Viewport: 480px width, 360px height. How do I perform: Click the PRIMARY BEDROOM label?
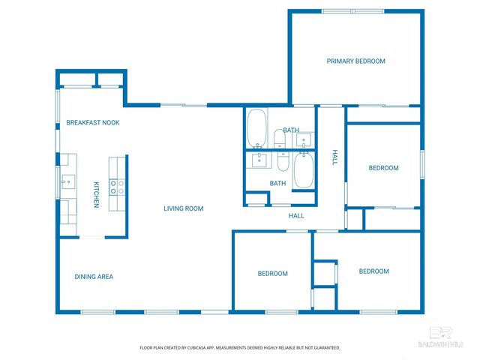click(355, 61)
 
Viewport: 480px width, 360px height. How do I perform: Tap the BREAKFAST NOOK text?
click(92, 122)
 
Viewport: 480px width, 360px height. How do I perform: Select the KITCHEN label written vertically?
click(96, 195)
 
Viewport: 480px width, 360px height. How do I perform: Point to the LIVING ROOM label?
click(184, 208)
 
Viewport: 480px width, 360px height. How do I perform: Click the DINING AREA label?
click(94, 277)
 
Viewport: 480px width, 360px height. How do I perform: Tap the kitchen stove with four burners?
click(118, 187)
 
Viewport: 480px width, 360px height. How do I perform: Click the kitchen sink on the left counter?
click(67, 181)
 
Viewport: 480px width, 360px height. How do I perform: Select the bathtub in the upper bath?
click(256, 130)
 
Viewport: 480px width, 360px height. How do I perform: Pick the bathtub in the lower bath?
click(304, 171)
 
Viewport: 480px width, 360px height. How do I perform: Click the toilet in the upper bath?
click(279, 139)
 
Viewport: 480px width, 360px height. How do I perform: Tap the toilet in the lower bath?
click(283, 162)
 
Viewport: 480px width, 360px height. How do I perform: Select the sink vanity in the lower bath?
click(259, 159)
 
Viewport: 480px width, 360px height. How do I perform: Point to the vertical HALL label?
click(335, 157)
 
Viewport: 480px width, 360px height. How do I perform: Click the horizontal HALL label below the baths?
click(296, 216)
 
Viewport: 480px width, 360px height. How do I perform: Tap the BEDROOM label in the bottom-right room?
click(373, 271)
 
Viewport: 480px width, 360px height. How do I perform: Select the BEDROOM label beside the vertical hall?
click(383, 168)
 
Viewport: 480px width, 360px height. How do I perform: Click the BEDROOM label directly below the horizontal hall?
click(272, 274)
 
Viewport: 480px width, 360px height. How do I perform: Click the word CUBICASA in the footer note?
click(207, 348)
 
